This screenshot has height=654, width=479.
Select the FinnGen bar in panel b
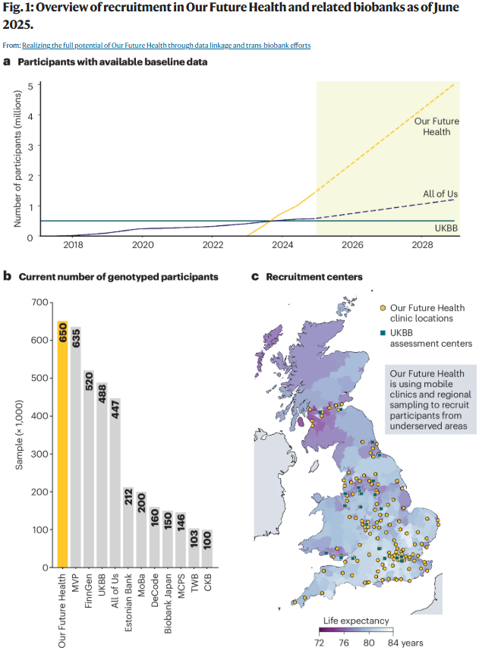[x=89, y=470]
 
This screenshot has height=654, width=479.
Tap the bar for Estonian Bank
[x=128, y=527]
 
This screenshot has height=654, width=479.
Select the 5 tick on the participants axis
[x=30, y=85]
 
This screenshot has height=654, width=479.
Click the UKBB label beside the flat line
[x=445, y=228]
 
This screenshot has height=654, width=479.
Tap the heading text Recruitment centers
[x=314, y=277]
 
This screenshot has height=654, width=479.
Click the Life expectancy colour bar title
[x=356, y=621]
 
